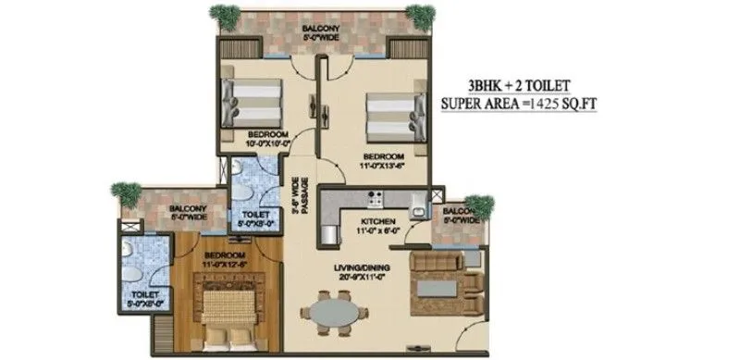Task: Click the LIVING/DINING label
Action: (x=363, y=273)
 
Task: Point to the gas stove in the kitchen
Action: (x=376, y=197)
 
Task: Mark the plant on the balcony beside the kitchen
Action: (x=480, y=205)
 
